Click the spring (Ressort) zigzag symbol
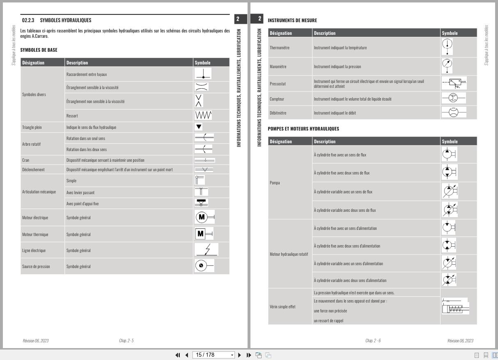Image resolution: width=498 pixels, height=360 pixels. tap(204, 115)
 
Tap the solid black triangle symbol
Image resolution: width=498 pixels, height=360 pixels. tap(199, 127)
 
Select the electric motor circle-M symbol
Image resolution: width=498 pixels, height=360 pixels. tap(204, 217)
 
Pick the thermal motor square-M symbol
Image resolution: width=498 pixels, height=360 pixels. tap(204, 234)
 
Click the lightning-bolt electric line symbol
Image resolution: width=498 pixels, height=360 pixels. tap(207, 250)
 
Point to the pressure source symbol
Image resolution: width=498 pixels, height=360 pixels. tap(204, 266)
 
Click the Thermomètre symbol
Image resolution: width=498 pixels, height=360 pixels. tap(448, 47)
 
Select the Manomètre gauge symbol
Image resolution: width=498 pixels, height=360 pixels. tap(448, 66)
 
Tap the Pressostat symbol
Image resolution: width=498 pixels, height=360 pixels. tap(454, 83)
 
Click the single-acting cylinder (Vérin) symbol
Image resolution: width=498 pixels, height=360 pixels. tap(455, 307)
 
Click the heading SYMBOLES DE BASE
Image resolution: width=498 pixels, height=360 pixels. tap(39, 50)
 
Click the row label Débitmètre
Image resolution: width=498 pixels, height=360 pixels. tap(277, 112)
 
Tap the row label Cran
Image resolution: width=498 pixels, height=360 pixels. tap(25, 160)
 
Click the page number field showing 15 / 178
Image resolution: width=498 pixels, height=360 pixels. tap(211, 355)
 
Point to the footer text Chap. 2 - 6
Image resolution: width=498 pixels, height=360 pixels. tap(373, 340)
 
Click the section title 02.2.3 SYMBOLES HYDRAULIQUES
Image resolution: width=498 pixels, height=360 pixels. tap(57, 20)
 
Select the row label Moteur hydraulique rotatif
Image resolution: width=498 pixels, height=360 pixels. tap(289, 254)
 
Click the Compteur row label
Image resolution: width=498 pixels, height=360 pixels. tap(277, 99)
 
